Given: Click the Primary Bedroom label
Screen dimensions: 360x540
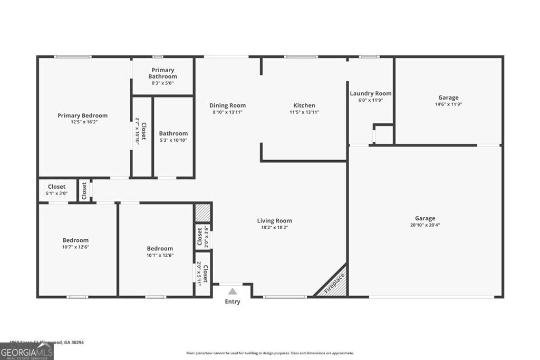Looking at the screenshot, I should (x=82, y=115).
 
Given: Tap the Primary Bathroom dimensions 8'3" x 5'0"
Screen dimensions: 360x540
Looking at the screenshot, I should (x=162, y=83).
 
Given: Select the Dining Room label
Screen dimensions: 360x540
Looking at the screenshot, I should (x=227, y=105).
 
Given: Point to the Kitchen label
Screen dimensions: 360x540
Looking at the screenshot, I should (x=304, y=105).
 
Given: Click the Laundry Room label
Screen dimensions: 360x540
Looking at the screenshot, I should (x=371, y=93).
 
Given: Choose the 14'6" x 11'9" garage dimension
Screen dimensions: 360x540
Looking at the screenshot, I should (x=448, y=104).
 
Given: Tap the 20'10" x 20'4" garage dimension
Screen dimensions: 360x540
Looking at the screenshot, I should (x=425, y=225).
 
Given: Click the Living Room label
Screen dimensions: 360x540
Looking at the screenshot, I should (x=274, y=221).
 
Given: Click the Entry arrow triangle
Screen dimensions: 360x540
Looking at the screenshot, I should (x=233, y=291).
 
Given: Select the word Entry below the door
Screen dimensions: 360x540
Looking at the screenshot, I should (x=233, y=301).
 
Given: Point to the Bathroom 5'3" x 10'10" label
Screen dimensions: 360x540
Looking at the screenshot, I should (x=173, y=134).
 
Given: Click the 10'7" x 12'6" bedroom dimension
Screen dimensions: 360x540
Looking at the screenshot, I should (x=75, y=247).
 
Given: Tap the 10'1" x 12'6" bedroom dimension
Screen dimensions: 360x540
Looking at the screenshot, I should (x=160, y=255).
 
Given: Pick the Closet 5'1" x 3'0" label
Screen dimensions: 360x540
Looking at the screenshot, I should (x=57, y=190).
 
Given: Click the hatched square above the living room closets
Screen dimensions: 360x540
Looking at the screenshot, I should (x=203, y=213).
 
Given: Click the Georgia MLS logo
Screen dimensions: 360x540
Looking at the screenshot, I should (x=26, y=351).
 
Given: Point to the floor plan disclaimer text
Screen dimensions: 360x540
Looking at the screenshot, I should (x=269, y=353).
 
